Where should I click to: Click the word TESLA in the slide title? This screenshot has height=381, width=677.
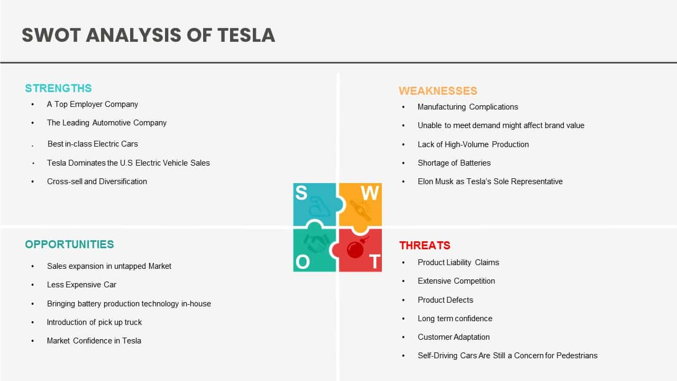pyautogui.click(x=246, y=35)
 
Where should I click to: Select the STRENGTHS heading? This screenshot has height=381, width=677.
pyautogui.click(x=58, y=88)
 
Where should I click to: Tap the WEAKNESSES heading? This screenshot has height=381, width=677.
pyautogui.click(x=438, y=91)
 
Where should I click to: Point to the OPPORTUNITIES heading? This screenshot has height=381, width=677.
pyautogui.click(x=69, y=244)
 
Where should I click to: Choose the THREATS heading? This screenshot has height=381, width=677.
pyautogui.click(x=425, y=245)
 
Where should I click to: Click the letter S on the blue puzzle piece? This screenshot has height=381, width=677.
pyautogui.click(x=301, y=193)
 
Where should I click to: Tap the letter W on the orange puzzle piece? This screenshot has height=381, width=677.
pyautogui.click(x=369, y=193)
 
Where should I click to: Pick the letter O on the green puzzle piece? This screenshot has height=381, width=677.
pyautogui.click(x=303, y=262)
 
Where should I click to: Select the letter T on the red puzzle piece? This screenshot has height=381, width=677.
pyautogui.click(x=375, y=261)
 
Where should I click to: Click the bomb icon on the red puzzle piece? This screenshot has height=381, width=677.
pyautogui.click(x=356, y=248)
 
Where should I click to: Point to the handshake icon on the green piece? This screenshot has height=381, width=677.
pyautogui.click(x=316, y=243)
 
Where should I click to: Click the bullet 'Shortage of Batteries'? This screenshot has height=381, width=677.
pyautogui.click(x=454, y=163)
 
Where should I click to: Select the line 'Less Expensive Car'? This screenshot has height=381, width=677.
pyautogui.click(x=81, y=285)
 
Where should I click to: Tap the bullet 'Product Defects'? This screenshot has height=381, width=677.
pyautogui.click(x=445, y=300)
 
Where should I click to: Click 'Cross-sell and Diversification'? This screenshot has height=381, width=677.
pyautogui.click(x=97, y=182)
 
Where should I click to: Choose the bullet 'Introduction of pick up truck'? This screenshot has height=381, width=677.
pyautogui.click(x=94, y=322)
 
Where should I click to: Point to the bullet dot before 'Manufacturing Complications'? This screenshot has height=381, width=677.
pyautogui.click(x=403, y=107)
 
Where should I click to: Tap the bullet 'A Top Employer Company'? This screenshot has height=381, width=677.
pyautogui.click(x=92, y=104)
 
